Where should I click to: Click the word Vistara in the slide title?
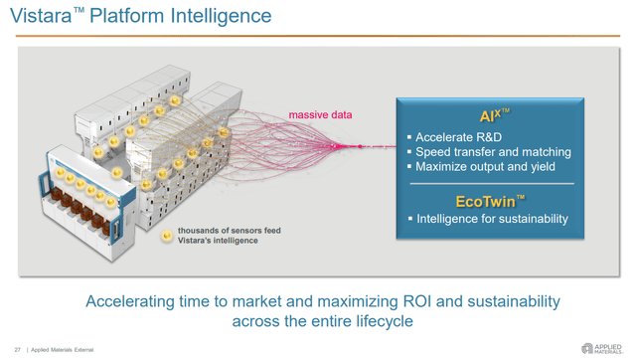41,17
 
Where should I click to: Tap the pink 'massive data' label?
320,115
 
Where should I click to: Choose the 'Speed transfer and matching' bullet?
493,152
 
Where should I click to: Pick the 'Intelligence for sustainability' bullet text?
492,219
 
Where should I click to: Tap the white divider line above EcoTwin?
491,184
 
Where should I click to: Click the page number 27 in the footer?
17,349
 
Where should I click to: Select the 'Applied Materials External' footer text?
65,349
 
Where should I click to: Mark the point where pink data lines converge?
357,147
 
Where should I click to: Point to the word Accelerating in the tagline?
130,301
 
